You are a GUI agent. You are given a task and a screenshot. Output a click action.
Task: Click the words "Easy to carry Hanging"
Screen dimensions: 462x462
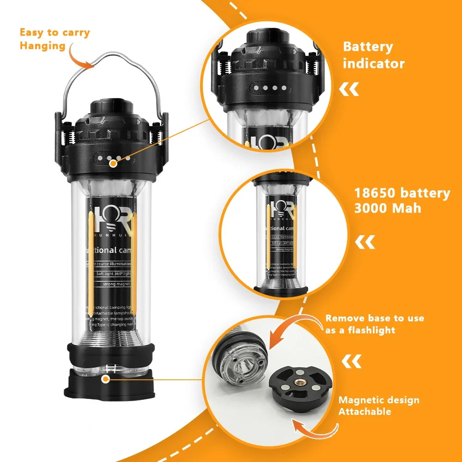55,39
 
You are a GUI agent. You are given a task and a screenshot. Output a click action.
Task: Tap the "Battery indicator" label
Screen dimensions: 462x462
373,55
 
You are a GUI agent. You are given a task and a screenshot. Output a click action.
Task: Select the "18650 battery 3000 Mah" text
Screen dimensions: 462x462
401,200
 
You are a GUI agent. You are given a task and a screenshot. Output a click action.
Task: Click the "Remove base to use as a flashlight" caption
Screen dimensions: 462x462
374,324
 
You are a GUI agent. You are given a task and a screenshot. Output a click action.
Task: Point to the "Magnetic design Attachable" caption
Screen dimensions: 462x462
378,406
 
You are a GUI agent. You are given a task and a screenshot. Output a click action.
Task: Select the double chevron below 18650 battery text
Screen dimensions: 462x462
365,242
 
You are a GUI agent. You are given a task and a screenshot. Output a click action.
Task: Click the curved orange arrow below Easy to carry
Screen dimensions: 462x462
79,57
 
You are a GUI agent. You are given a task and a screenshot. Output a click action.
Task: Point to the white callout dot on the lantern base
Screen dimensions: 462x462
106,379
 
